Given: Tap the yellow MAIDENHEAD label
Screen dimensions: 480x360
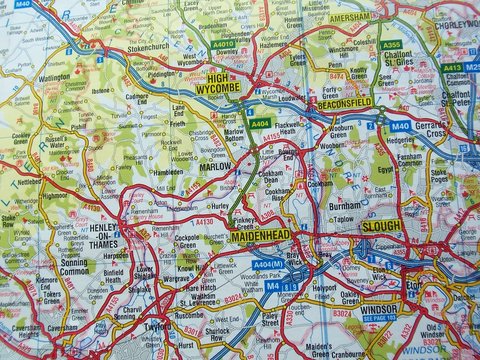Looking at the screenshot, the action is pos(259,237).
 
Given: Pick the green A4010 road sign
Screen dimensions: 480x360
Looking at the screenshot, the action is pos(223,43).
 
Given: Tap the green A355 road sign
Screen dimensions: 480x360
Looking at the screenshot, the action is pos(392,45).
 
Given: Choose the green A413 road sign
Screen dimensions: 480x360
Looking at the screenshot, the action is pos(452,67).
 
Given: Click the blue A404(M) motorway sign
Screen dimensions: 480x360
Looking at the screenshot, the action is pos(266,264).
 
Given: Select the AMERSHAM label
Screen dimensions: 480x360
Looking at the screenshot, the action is pos(351,17).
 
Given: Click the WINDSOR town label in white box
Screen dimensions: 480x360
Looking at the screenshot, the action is pos(380,310).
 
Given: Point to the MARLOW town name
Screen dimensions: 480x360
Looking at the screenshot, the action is pos(214,167).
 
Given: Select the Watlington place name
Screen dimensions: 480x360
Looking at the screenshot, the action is pos(54,76).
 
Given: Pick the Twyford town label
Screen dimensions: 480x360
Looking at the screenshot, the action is pos(156,326).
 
